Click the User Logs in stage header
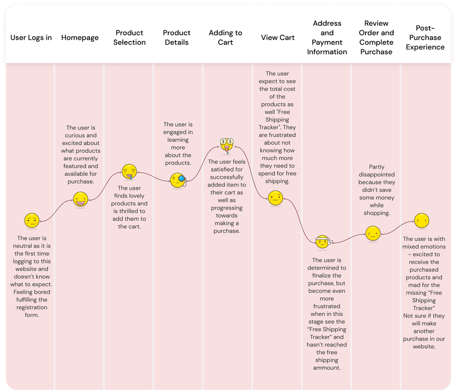click(31, 37)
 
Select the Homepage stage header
click(80, 37)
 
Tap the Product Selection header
click(129, 37)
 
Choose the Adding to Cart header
click(225, 37)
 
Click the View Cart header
click(278, 37)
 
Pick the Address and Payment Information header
click(327, 37)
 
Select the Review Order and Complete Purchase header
click(376, 37)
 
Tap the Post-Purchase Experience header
click(425, 37)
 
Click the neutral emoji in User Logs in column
click(32, 220)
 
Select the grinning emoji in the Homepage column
click(81, 199)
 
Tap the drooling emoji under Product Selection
click(129, 172)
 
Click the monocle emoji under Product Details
click(178, 180)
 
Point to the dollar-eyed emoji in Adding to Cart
click(227, 144)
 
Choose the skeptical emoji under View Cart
click(275, 197)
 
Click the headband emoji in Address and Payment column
click(322, 242)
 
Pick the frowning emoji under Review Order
click(373, 233)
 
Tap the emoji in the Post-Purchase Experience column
click(421, 220)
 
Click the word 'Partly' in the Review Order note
click(377, 167)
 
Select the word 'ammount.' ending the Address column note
click(327, 367)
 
